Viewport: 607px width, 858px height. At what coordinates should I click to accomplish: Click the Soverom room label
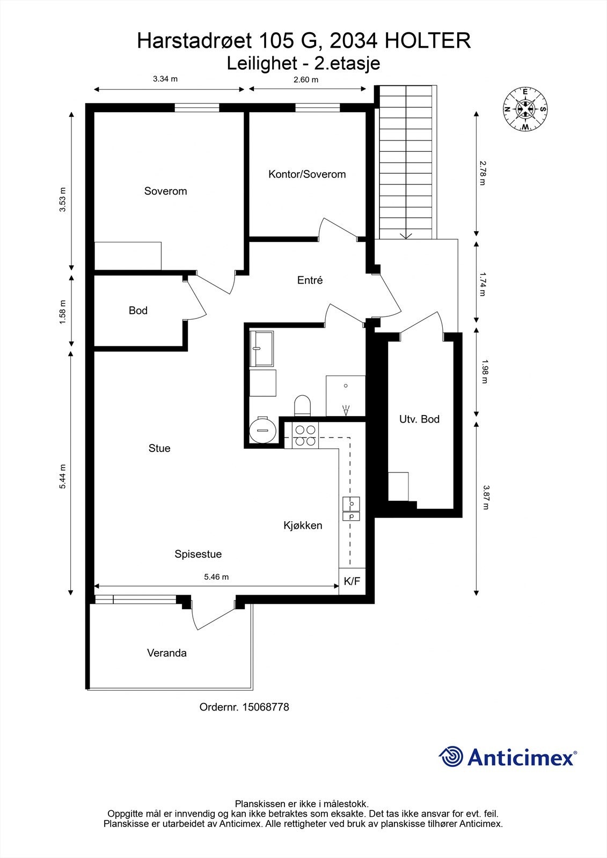165,191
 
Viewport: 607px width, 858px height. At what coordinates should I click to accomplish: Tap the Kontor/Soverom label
307,174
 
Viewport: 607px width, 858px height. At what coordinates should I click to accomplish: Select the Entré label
310,280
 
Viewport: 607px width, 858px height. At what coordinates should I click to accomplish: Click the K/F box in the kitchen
352,581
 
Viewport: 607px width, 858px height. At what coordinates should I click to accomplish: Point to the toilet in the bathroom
303,405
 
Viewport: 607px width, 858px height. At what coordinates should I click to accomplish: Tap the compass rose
525,109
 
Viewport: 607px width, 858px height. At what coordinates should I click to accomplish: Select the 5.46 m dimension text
216,577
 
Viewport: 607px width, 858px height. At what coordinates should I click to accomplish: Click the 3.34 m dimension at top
165,79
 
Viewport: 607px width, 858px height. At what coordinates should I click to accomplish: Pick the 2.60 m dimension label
305,80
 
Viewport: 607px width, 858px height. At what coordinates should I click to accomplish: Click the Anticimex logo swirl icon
451,757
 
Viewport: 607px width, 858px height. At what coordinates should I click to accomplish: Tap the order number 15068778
266,707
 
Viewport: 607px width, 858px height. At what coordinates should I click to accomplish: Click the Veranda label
167,653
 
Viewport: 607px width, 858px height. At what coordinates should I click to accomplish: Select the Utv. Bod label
419,419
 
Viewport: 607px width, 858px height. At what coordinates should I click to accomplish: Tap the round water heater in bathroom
263,430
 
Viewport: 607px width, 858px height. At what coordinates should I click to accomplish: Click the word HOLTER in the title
430,41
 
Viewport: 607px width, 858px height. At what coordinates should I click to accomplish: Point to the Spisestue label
198,554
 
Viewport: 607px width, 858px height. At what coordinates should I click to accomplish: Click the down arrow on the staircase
406,235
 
